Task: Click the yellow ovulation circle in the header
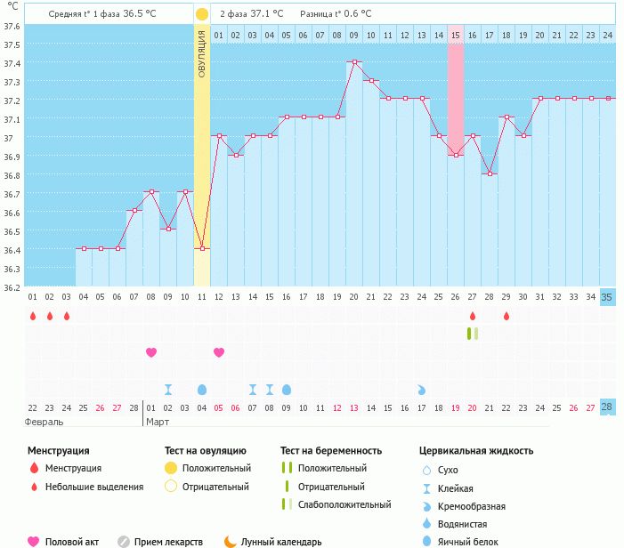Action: tap(202, 14)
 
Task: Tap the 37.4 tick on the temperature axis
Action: tap(12, 63)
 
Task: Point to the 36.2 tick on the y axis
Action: tap(12, 288)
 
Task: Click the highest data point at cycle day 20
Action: tap(354, 62)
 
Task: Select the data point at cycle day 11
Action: tap(202, 249)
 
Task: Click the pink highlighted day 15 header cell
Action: tap(456, 35)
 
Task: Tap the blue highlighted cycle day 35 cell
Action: tap(607, 297)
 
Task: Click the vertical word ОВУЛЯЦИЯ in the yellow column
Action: tap(202, 52)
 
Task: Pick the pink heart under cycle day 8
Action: tap(151, 352)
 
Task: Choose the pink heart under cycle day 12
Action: tap(219, 352)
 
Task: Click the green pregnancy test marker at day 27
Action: tap(472, 334)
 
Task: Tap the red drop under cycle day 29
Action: tap(506, 316)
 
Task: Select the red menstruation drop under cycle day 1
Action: tap(32, 316)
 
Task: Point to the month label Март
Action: tap(158, 422)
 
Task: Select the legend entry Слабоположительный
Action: tap(344, 505)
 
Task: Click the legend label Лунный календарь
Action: tap(282, 542)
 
